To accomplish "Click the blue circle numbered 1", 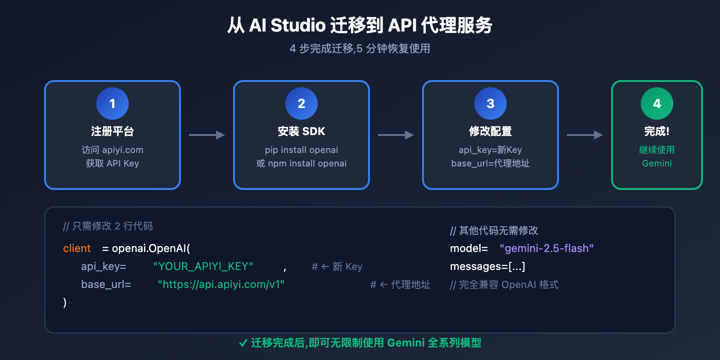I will coord(112,103).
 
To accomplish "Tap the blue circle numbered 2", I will coord(301,103).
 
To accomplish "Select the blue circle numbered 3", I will coord(490,103).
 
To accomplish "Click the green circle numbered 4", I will coord(657,103).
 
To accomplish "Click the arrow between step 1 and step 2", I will coord(207,135).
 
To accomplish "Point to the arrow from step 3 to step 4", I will coord(585,135).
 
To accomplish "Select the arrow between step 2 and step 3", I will coord(396,135).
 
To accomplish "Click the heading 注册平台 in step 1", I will coord(112,131).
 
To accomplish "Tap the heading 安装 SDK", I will coord(301,131).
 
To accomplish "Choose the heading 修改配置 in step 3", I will coord(490,131).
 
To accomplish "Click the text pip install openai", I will coord(301,150).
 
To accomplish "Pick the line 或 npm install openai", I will coord(301,163).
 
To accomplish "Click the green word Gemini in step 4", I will coord(657,163).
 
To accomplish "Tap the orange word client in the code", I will coord(77,248).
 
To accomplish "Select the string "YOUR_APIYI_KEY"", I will coord(203,266).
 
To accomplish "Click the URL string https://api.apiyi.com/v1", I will coord(221,284).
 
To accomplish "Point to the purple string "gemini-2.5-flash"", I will coord(547,248).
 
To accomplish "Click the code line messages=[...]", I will coord(487,266).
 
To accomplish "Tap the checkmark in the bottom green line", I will coord(243,343).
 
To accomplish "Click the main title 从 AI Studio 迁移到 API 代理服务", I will coord(360,25).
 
